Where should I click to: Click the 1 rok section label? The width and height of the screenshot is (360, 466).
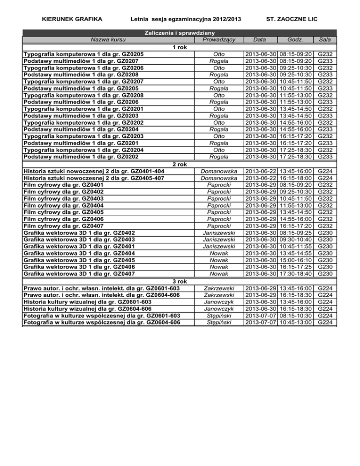click(180, 48)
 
